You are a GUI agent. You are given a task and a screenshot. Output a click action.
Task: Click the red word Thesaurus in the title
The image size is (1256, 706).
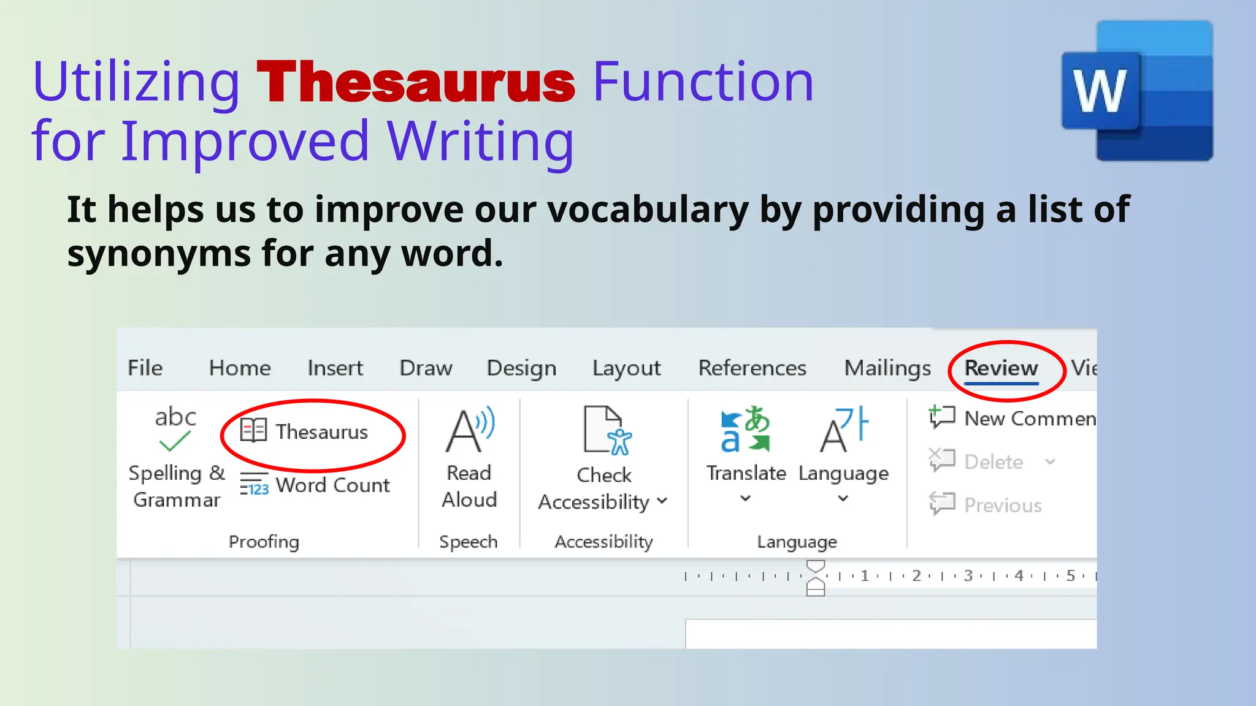tap(416, 82)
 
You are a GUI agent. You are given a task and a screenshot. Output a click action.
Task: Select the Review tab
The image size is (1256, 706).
tap(1001, 368)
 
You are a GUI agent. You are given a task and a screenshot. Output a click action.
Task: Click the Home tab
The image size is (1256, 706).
tap(240, 368)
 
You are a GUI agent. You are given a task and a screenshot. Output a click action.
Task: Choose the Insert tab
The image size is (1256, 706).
tap(335, 368)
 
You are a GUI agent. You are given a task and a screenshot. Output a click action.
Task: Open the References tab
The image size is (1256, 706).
tap(752, 368)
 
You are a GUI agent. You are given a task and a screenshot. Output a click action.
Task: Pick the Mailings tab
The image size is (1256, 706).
tap(887, 368)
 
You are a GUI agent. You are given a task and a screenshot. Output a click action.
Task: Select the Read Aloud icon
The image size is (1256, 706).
tap(469, 429)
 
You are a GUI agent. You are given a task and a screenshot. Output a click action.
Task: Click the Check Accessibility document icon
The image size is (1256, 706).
tap(606, 430)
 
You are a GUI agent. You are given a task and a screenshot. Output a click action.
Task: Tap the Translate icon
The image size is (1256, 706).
tap(745, 429)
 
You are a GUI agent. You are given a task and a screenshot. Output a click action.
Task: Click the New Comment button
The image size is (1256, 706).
tap(1012, 418)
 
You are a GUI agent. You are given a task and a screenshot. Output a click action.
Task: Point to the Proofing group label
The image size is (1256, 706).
tap(264, 542)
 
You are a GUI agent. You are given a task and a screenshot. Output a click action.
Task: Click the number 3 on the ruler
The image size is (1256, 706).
tap(968, 575)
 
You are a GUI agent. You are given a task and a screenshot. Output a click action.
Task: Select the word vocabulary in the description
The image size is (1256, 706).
tap(648, 210)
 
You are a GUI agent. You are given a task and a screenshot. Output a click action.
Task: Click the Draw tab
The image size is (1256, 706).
tap(426, 368)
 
